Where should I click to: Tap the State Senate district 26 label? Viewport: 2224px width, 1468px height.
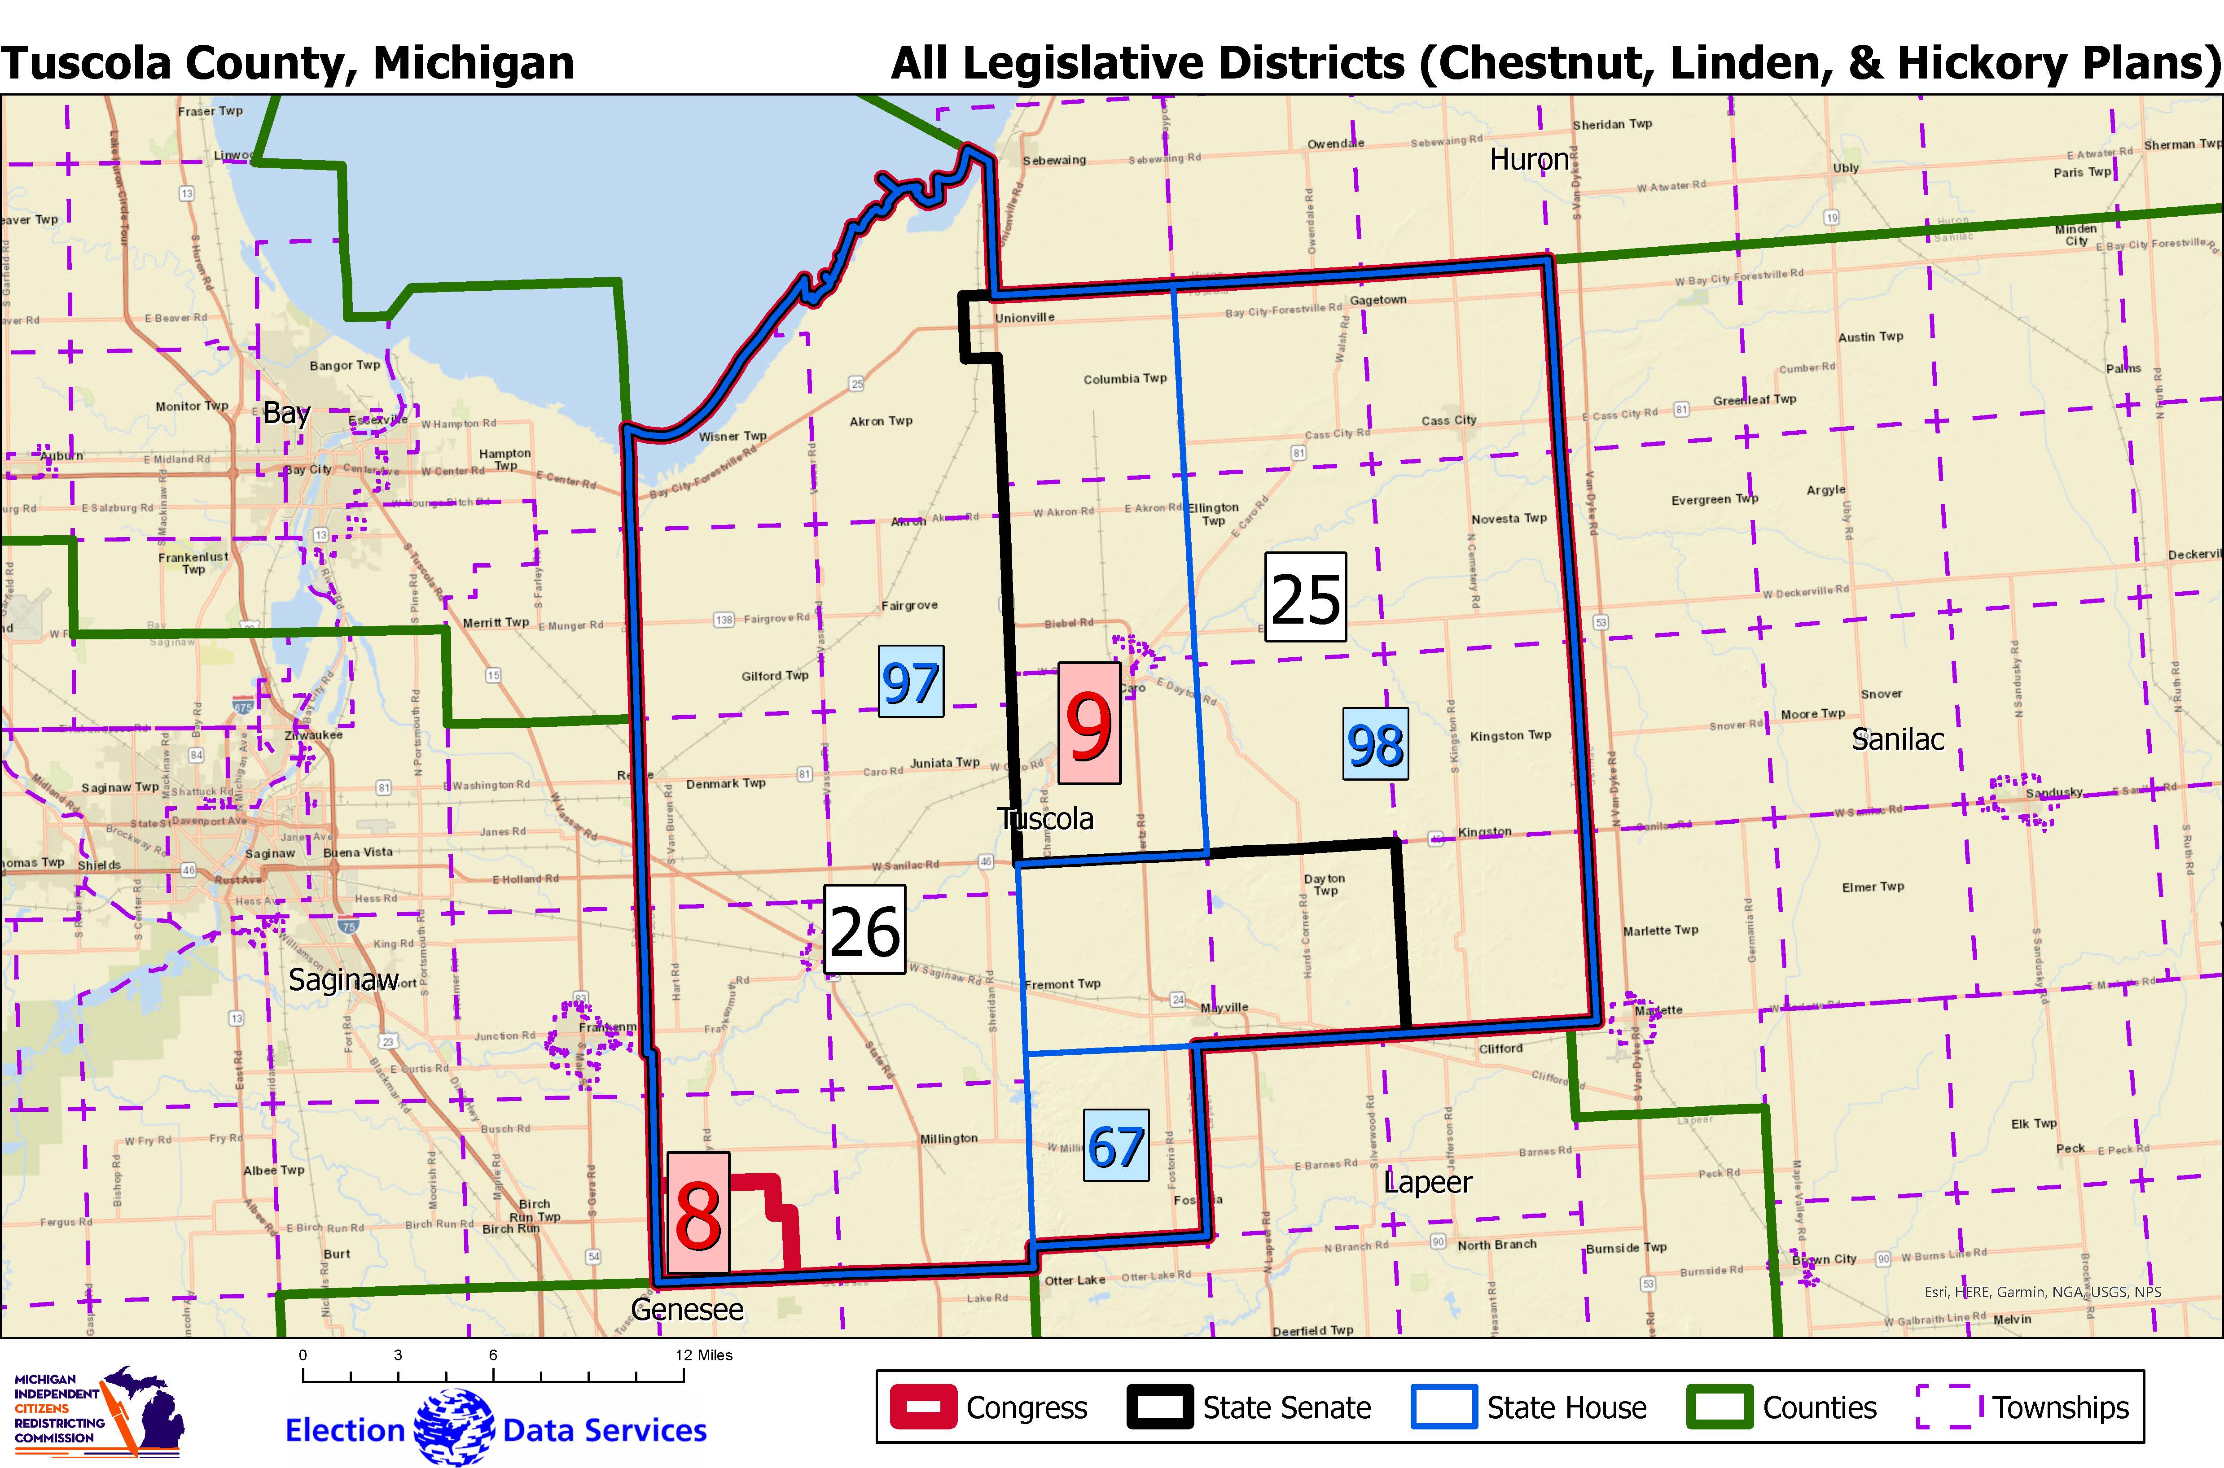864,930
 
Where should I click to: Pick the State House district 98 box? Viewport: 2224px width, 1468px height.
1375,744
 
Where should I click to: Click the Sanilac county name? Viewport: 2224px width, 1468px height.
1897,740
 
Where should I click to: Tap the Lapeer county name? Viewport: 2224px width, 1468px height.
1427,1183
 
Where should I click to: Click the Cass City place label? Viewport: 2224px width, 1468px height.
1449,420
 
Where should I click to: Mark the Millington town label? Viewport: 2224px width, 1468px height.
948,1138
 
